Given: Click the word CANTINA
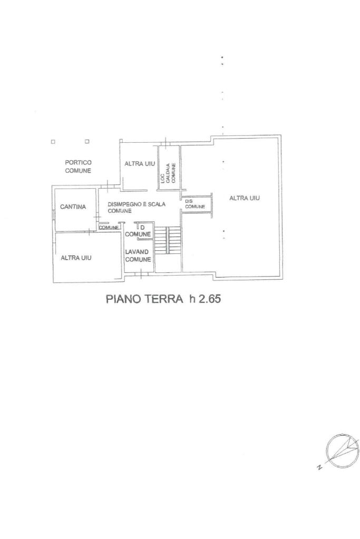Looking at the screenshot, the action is point(73,207).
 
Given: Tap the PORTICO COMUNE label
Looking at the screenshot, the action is point(78,166).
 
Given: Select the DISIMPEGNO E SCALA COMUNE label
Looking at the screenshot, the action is point(137,207).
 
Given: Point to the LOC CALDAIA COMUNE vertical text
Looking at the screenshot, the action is point(168,173).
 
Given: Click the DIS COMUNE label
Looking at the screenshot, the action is point(195,204).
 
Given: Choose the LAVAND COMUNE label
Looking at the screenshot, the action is point(138,256).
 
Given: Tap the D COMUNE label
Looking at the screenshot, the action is point(138,231).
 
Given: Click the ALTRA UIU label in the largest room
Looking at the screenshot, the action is point(245,198).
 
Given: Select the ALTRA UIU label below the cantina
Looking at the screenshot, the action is point(76,258).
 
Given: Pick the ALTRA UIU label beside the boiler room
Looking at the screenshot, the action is point(140,164).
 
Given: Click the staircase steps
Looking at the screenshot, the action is point(167,240).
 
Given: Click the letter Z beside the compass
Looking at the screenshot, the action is point(319,467).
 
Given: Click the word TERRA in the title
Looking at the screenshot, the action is point(163,299).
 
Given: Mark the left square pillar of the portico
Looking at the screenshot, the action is point(53,141).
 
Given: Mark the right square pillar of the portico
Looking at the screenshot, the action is point(87,141).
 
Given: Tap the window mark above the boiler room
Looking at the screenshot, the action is point(166,142).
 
